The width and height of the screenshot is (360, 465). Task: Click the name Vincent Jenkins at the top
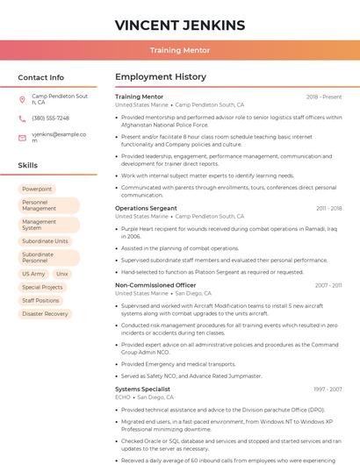tap(180, 25)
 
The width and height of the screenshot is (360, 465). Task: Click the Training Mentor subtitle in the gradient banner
tap(180, 50)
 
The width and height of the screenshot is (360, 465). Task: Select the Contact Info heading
tap(40, 77)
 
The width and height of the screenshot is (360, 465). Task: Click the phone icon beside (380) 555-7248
tap(22, 118)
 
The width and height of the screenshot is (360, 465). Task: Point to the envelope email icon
tap(22, 138)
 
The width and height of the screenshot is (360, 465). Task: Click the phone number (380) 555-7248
tap(50, 118)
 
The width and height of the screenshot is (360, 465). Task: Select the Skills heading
tap(28, 165)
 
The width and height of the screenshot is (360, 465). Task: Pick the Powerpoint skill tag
tap(37, 189)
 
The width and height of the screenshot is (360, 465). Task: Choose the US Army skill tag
tap(33, 274)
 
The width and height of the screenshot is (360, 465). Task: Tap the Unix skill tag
tap(61, 274)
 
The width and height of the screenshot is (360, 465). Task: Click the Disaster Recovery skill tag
tap(45, 313)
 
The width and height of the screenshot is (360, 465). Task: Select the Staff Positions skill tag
tap(41, 300)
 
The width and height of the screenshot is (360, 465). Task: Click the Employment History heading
tap(161, 77)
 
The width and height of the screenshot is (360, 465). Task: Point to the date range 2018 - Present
tap(324, 97)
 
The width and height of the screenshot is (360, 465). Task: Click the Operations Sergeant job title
tap(146, 208)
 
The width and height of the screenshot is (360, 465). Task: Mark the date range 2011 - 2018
tap(328, 208)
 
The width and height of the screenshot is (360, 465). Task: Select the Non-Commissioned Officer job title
tap(155, 285)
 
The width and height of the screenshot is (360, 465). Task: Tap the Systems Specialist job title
tap(142, 389)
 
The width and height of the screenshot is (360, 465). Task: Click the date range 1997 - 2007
tap(328, 389)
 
